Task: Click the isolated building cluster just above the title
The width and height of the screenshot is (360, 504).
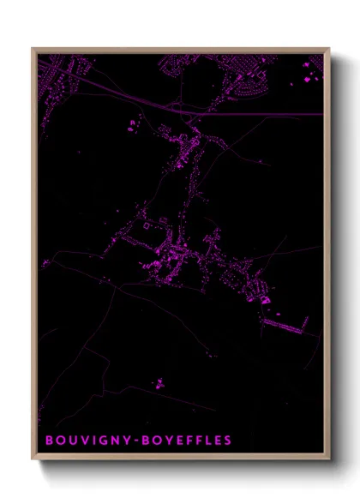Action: click(156, 383)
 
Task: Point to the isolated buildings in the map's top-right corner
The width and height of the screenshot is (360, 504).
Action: click(307, 80)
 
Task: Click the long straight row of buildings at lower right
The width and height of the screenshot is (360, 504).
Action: click(287, 325)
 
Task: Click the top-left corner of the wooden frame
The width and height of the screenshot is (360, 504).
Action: click(33, 49)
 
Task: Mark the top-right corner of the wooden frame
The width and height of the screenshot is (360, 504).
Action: click(328, 49)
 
